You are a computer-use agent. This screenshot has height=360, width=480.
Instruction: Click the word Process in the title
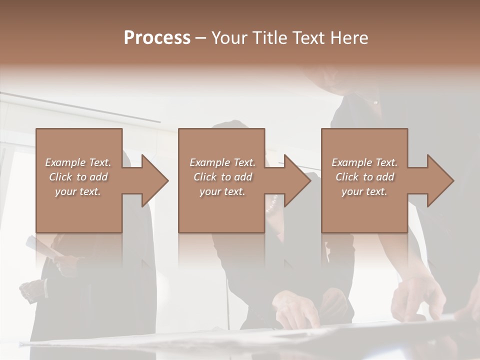[x=157, y=38]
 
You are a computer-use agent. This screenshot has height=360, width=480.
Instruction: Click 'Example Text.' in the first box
[x=78, y=162]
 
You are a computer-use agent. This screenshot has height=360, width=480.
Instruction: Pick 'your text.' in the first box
[x=78, y=191]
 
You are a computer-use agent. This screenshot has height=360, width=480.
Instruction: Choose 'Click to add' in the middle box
[x=222, y=177]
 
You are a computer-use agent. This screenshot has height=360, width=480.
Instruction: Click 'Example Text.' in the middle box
[x=222, y=162]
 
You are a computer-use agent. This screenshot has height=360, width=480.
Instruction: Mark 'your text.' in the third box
[x=364, y=191]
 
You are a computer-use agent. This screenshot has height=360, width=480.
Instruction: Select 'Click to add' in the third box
[x=364, y=177]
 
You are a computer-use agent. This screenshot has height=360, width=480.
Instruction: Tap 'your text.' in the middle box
[x=222, y=191]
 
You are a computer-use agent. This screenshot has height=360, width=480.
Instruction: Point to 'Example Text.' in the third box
[x=364, y=162]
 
